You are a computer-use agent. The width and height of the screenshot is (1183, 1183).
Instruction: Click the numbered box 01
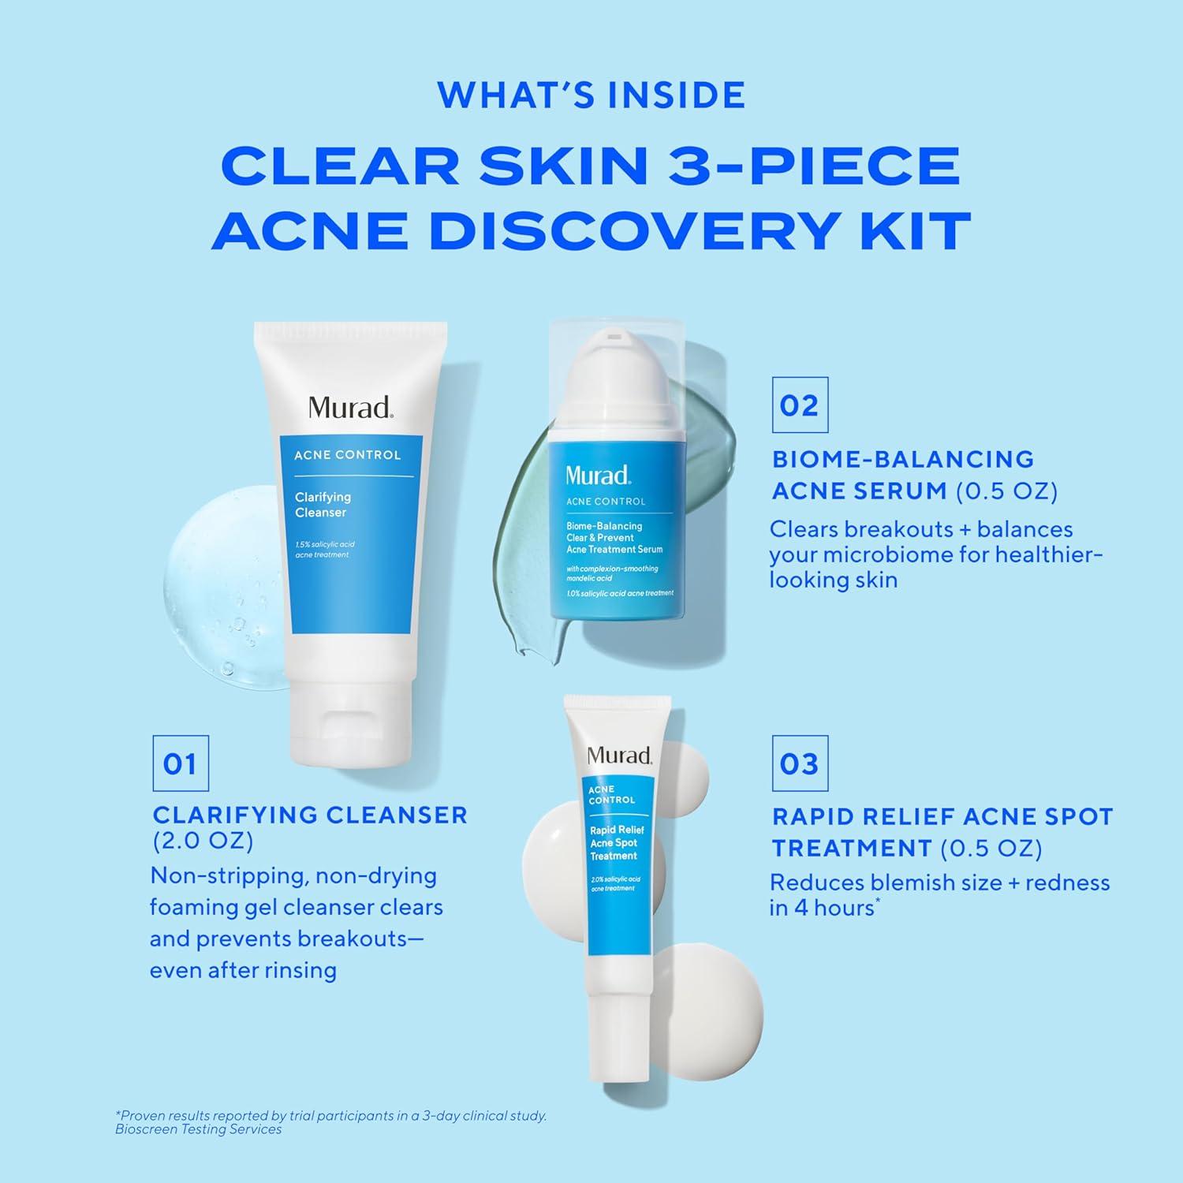180,763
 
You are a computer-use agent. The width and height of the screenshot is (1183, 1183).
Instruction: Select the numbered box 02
800,405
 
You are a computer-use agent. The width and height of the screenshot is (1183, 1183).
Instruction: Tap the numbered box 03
800,763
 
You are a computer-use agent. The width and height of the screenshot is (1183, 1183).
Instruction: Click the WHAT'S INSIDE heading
591,95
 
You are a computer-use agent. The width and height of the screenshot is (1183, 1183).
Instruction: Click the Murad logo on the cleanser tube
350,408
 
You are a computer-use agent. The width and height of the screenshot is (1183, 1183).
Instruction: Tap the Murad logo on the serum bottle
598,475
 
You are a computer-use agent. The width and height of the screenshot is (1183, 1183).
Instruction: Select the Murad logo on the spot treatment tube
620,756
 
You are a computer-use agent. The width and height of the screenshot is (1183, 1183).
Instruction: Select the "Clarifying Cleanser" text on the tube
323,505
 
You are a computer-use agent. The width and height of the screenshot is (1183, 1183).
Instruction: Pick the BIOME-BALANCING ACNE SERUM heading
903,475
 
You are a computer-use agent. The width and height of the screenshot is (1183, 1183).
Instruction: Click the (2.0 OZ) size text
203,842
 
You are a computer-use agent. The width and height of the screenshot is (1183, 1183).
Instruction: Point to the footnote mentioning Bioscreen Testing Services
199,1129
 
